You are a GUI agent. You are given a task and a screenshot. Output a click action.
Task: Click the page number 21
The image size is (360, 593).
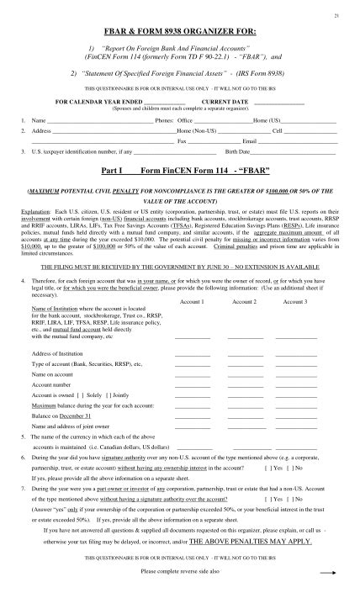pyautogui.click(x=337, y=16)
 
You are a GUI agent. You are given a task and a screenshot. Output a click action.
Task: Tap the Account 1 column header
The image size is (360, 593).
pyautogui.click(x=193, y=300)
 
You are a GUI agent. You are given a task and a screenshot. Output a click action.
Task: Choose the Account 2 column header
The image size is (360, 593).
pyautogui.click(x=244, y=300)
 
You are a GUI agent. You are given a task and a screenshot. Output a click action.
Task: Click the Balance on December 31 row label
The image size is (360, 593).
pyautogui.click(x=63, y=416)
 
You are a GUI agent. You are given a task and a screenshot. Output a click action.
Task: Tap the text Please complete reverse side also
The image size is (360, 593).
pyautogui.click(x=180, y=571)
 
